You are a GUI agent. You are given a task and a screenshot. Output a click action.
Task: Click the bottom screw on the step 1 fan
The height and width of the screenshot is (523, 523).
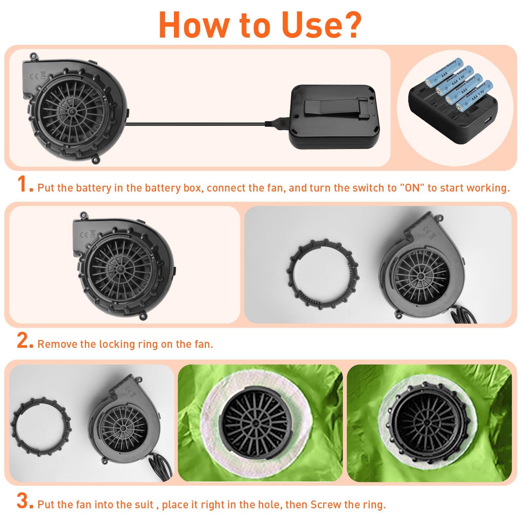tap(95, 160)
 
